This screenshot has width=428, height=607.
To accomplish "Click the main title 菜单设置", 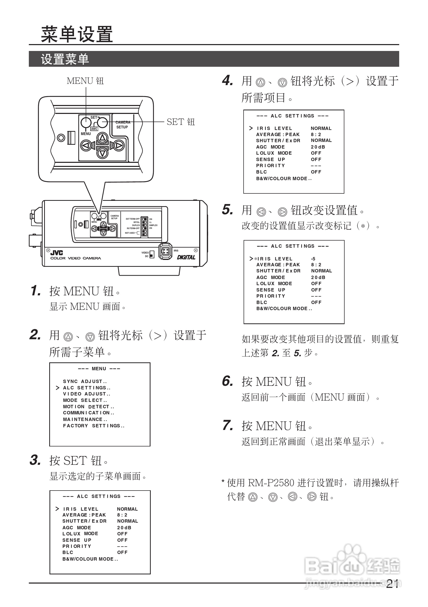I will [77, 34].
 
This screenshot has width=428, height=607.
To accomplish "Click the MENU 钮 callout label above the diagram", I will [85, 81].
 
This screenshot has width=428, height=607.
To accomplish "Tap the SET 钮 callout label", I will [181, 122].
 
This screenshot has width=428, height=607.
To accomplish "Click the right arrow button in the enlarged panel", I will [119, 146].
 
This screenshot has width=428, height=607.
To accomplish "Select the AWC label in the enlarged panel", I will [94, 129].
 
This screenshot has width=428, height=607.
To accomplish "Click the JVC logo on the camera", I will [57, 253].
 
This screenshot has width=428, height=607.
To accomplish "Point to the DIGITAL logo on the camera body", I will [186, 257].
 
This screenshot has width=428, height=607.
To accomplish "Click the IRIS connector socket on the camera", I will [166, 251].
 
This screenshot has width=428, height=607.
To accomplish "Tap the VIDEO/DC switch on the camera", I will [152, 254].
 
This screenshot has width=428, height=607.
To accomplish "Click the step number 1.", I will [36, 291].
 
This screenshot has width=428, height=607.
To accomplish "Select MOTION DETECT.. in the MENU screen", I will [89, 407].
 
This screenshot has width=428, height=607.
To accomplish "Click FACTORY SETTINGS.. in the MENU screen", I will [93, 426].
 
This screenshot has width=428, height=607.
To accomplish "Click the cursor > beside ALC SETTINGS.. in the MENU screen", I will [57, 388].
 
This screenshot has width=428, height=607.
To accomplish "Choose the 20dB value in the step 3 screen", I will [124, 527].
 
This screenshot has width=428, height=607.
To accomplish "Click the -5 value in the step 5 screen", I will [313, 259].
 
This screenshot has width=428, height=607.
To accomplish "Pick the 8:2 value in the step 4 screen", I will [316, 134].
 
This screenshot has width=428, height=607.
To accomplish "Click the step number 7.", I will [228, 425].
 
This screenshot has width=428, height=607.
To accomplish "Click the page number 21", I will [392, 584].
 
